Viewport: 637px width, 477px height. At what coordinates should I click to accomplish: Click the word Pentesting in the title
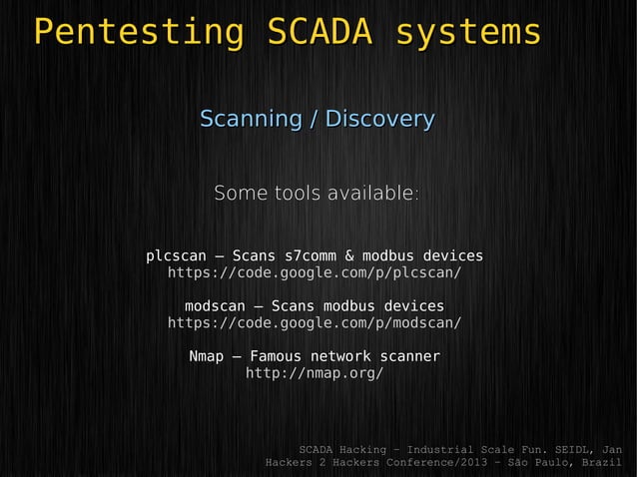tap(137, 32)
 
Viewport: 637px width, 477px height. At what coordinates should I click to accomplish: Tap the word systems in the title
tap(468, 32)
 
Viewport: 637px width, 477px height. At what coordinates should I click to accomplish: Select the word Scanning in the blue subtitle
tap(251, 120)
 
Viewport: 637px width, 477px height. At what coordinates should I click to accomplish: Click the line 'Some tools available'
tap(316, 192)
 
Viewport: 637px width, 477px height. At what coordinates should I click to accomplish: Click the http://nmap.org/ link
tap(314, 373)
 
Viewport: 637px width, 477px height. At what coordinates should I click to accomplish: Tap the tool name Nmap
tap(206, 356)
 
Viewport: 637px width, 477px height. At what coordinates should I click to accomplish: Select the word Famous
tap(275, 356)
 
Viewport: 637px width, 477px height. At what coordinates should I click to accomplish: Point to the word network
tap(339, 356)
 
